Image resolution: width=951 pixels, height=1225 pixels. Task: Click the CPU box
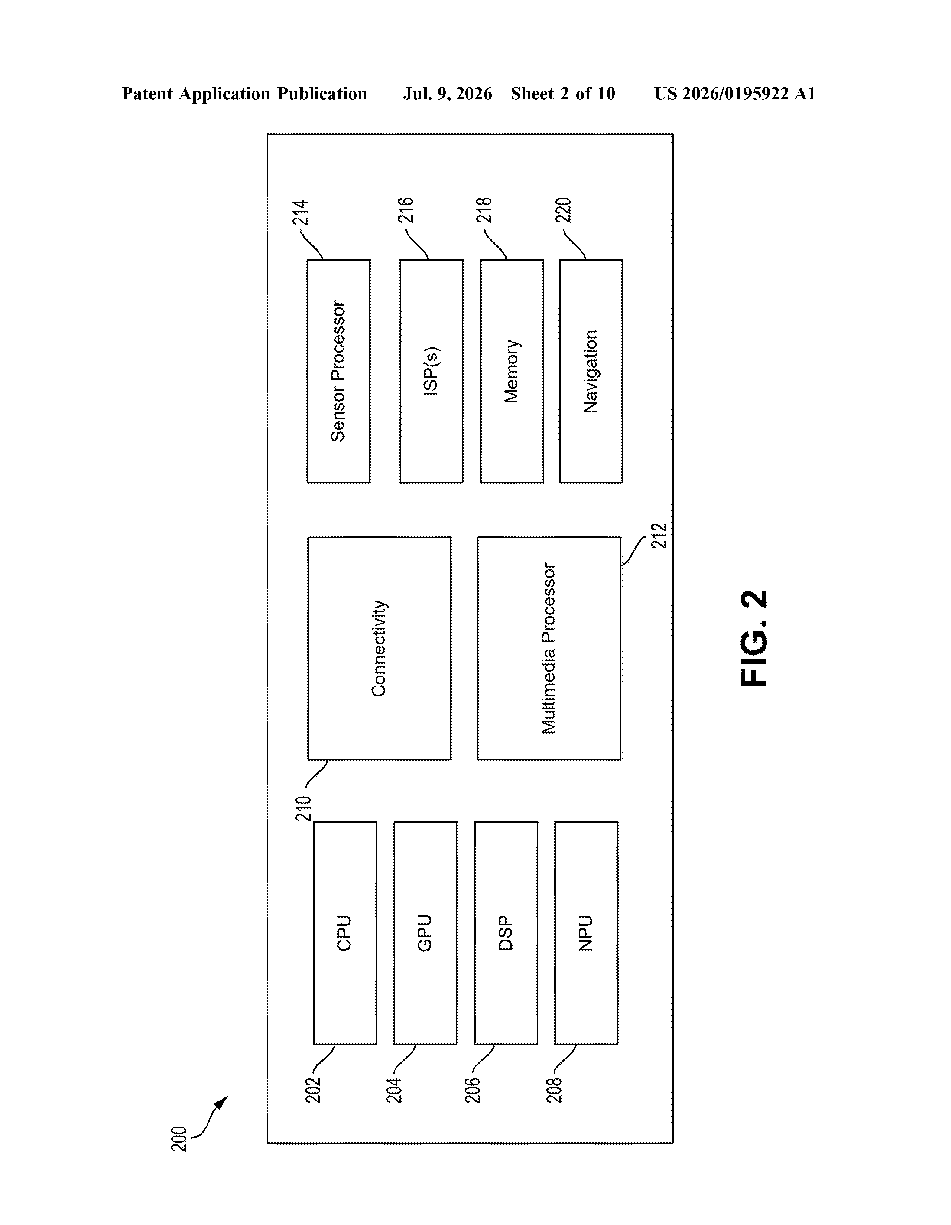tap(345, 933)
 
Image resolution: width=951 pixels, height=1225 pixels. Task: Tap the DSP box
tap(506, 933)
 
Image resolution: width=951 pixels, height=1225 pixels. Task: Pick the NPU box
tap(586, 933)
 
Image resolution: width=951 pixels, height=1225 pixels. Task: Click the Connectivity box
tap(380, 649)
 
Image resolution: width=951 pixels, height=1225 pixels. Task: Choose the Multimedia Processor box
tap(549, 649)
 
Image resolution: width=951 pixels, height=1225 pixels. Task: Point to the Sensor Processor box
tap(338, 371)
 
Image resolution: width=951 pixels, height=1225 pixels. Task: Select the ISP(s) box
tap(431, 371)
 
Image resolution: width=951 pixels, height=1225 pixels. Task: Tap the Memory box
tap(512, 371)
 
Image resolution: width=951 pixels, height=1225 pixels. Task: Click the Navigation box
tap(591, 371)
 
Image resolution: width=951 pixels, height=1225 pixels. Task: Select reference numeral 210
tap(304, 808)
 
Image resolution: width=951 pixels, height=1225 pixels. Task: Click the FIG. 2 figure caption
tap(754, 638)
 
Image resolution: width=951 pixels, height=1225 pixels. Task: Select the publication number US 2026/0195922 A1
tap(735, 94)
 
